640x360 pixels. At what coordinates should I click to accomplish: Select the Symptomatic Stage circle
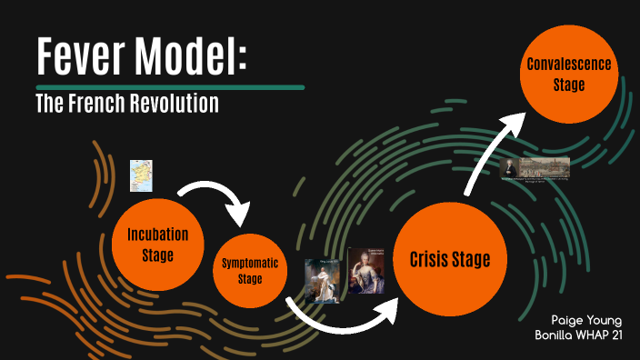pos(250,271)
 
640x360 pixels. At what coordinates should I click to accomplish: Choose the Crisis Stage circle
pos(449,260)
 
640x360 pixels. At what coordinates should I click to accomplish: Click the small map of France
pos(141,175)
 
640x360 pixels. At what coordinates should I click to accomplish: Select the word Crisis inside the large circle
pos(428,260)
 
